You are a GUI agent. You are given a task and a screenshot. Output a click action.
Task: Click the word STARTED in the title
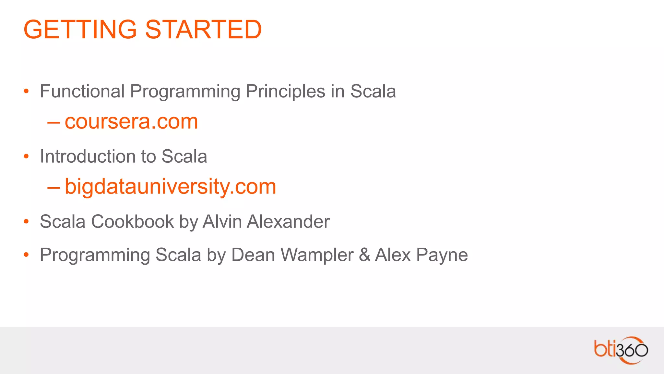(203, 30)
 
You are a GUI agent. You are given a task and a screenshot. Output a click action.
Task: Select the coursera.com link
(131, 122)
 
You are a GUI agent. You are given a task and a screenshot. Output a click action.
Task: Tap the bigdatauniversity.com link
(170, 187)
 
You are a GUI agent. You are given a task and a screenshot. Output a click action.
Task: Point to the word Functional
(82, 91)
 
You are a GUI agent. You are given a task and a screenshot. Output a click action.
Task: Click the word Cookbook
(133, 222)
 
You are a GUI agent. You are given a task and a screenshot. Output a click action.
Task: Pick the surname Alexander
(288, 222)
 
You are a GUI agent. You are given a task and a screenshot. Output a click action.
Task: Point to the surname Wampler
(317, 255)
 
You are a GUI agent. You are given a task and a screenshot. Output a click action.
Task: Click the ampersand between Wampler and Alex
(364, 255)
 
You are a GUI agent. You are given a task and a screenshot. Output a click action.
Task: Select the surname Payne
(442, 256)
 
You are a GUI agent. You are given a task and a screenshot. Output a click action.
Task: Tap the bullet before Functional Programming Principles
(26, 92)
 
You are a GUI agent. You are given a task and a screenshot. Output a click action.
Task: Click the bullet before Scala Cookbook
(26, 222)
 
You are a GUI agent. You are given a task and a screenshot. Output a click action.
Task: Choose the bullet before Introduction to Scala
(26, 157)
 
